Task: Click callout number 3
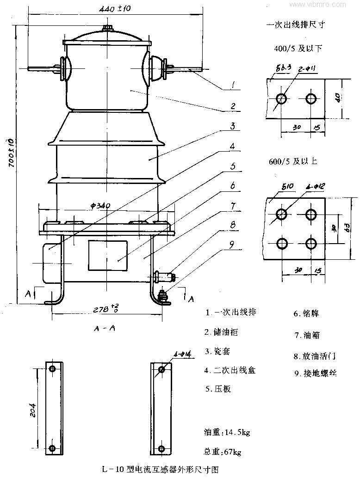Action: [x=233, y=126]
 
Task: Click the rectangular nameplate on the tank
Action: [x=108, y=255]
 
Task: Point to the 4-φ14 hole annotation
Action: [x=183, y=355]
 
